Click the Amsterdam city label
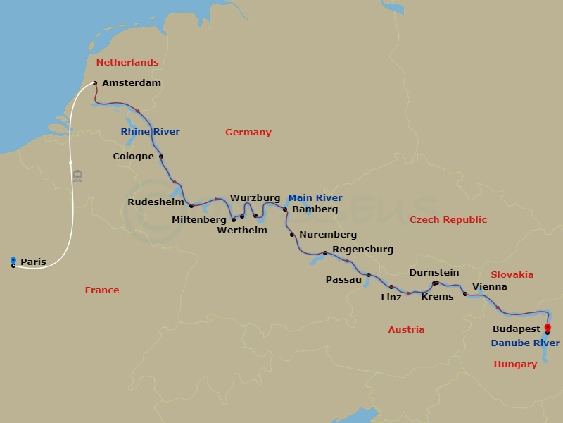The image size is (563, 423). [131, 83]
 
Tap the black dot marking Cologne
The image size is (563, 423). [161, 157]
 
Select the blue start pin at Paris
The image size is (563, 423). [13, 262]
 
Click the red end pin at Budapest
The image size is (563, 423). [548, 327]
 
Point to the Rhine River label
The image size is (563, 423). [150, 132]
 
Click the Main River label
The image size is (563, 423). [315, 198]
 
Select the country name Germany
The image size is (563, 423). [248, 133]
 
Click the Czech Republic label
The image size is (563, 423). [448, 220]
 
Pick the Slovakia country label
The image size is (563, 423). [512, 275]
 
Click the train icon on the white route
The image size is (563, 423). [77, 176]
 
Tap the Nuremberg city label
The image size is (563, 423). [327, 235]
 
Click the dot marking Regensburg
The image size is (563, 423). [324, 253]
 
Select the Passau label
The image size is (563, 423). [343, 280]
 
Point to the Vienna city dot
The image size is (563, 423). [464, 293]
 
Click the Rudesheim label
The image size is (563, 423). [156, 202]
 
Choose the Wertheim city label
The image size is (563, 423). [242, 231]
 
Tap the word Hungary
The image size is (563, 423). [515, 364]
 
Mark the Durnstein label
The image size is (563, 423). [434, 273]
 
